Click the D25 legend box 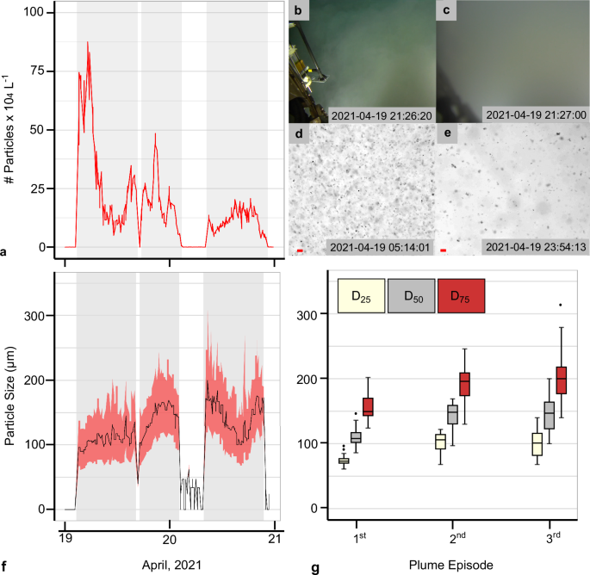click(x=362, y=297)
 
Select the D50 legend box click(x=412, y=297)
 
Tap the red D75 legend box click(x=462, y=297)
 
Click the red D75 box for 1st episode click(x=368, y=406)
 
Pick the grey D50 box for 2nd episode click(x=452, y=415)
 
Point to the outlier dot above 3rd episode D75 click(x=561, y=305)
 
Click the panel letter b click(x=299, y=11)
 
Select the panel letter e click(x=446, y=133)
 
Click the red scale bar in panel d click(x=301, y=250)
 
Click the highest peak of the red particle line click(x=87, y=42)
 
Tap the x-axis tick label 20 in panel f click(x=170, y=539)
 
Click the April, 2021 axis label click(x=170, y=566)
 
